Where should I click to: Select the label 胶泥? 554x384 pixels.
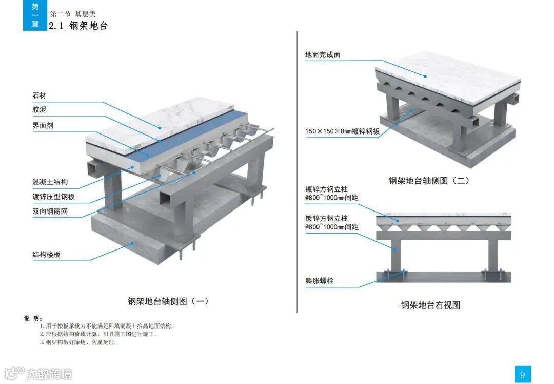coord(39,110)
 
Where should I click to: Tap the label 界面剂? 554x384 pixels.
coord(43,125)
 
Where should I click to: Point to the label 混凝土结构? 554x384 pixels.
coord(50,182)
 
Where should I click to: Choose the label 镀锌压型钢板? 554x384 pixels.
coord(54,196)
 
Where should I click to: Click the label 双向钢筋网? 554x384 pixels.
coord(50,211)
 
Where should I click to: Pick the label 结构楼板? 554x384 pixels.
coord(47,254)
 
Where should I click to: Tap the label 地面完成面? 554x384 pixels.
coord(323,55)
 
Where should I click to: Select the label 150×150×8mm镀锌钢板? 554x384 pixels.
coord(342,131)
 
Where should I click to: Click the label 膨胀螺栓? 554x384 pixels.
coord(320,281)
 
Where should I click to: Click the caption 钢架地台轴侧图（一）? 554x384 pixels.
coord(168,301)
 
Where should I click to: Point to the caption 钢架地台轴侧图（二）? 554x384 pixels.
coord(429,180)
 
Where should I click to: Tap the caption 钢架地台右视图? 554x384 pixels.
coord(430,305)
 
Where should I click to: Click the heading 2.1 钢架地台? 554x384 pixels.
coord(78,26)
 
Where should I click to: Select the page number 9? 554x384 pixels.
coord(522,374)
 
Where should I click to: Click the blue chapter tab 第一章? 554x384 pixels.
coord(35,15)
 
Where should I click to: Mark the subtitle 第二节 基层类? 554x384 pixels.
coord(73,14)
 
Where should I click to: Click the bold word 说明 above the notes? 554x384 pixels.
coord(33,319)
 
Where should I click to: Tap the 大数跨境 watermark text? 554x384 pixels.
coord(49,374)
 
